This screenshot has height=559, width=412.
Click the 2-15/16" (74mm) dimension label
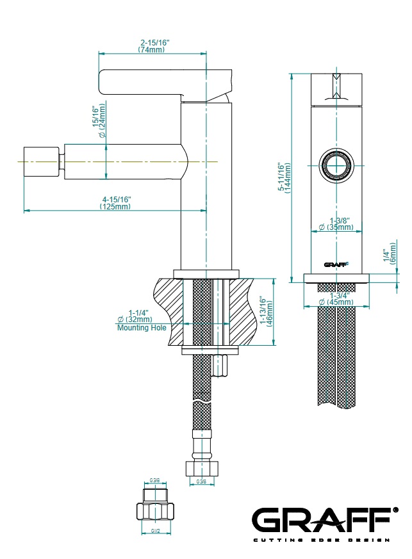tap(153, 45)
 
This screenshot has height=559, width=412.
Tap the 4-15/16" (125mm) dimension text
tap(115, 202)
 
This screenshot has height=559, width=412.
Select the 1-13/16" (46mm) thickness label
tap(266, 312)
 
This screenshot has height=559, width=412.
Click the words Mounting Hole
tap(142, 328)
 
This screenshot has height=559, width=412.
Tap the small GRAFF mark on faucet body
tap(335, 263)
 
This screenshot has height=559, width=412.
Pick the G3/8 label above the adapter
tap(155, 480)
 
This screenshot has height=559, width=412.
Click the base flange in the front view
tap(336, 277)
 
